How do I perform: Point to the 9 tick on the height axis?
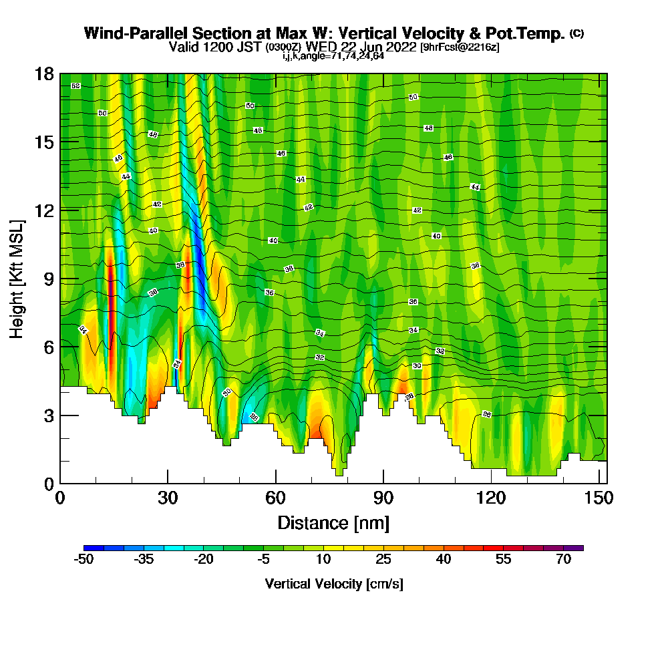(x=61, y=278)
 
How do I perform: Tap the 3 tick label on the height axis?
(x=48, y=415)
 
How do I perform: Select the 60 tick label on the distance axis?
(x=275, y=498)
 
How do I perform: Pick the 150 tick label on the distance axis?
(x=594, y=498)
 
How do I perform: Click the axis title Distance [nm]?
(x=333, y=522)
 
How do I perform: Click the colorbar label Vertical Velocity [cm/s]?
(x=333, y=584)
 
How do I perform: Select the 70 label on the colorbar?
(x=564, y=560)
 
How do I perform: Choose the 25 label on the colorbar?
(x=383, y=560)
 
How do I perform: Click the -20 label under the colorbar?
(x=204, y=560)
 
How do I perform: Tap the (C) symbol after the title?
(x=576, y=33)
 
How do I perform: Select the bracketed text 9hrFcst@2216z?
(x=460, y=47)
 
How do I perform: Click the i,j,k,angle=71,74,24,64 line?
(x=333, y=56)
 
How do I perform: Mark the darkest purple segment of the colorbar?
(x=578, y=548)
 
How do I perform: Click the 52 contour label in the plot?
(x=75, y=86)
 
